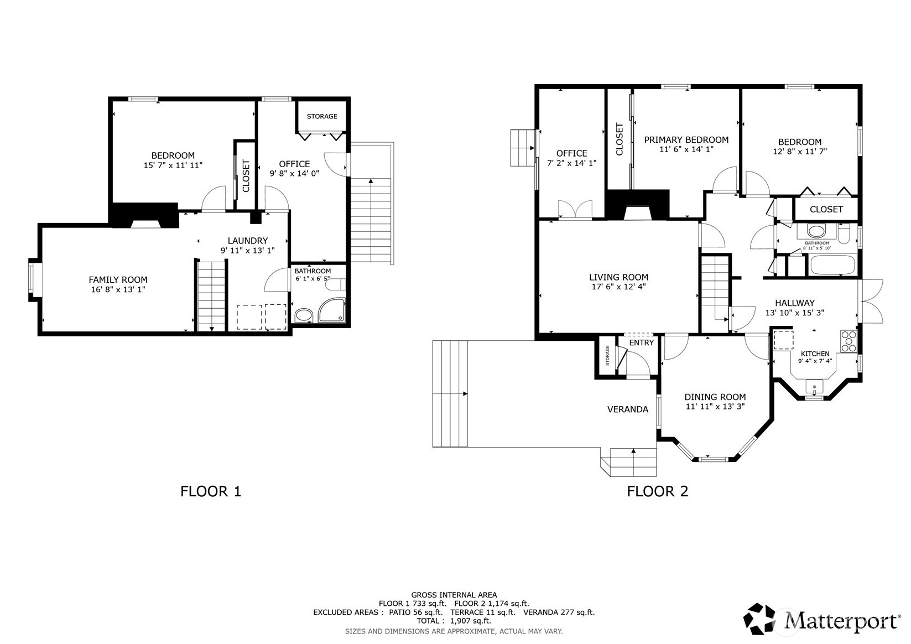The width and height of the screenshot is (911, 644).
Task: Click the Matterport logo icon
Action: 759,619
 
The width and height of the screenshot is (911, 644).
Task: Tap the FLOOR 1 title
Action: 211,491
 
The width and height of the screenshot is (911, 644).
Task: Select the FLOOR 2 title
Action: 658,491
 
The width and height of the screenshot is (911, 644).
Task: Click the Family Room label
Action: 118,280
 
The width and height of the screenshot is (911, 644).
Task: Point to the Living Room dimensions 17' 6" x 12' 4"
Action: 618,287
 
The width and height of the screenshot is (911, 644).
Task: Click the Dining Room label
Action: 715,397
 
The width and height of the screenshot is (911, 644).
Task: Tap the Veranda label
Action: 628,409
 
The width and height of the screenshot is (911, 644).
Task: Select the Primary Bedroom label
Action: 686,140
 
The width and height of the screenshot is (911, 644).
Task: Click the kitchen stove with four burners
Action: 849,341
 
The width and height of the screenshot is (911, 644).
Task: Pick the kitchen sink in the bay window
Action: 814,387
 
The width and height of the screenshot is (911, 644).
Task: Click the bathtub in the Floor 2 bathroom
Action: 834,265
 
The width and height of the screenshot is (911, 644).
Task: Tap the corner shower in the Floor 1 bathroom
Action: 332,310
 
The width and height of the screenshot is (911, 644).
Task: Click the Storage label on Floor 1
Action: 322,116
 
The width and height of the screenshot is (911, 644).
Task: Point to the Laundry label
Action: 248,241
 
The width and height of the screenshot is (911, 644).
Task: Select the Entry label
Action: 642,343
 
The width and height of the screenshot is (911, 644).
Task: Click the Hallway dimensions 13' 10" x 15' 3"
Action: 795,313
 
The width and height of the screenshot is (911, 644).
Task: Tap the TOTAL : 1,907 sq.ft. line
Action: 454,621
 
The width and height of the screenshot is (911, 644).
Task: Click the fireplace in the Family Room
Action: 145,216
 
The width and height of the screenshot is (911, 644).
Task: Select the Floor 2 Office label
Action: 571,153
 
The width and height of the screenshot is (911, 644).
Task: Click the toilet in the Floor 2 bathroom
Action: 844,235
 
